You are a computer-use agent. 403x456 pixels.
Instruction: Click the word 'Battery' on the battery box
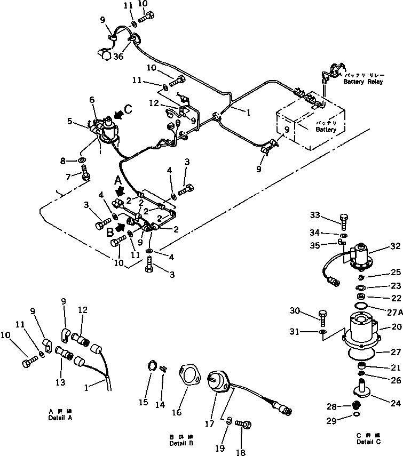point(326,130)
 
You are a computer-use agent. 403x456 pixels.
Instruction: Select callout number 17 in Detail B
point(209,423)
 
